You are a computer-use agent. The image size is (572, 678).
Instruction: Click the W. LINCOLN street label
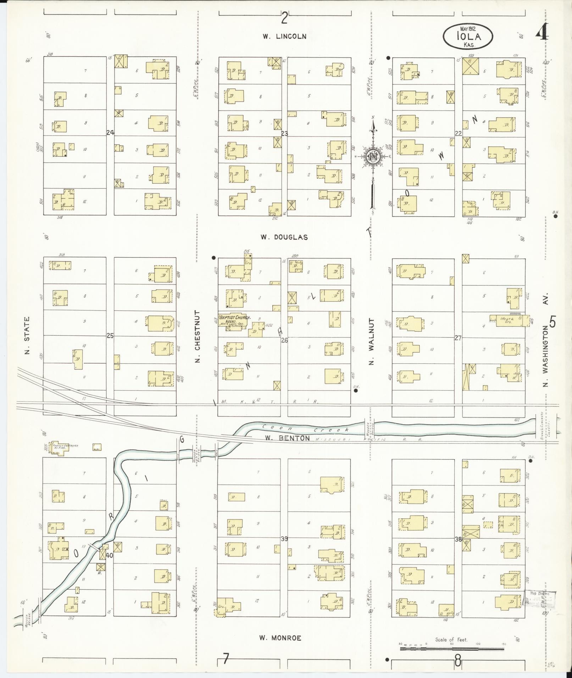[x=284, y=36]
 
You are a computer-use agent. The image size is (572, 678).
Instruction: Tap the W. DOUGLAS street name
[x=284, y=237]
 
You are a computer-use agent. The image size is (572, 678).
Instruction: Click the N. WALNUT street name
[x=371, y=341]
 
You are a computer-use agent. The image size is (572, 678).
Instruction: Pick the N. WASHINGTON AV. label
[x=545, y=340]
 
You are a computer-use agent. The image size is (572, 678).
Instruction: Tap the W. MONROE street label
[x=280, y=638]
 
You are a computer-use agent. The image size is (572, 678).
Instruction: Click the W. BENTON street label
[x=287, y=438]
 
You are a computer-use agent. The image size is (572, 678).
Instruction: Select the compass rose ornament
[x=373, y=156]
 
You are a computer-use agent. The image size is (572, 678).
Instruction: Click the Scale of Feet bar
[x=452, y=649]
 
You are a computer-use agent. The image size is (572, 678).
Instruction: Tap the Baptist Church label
[x=235, y=318]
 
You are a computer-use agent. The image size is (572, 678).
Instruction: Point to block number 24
[x=110, y=133]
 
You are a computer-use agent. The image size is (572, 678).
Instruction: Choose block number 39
[x=284, y=539]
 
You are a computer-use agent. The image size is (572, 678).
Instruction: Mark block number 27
[x=458, y=338]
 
